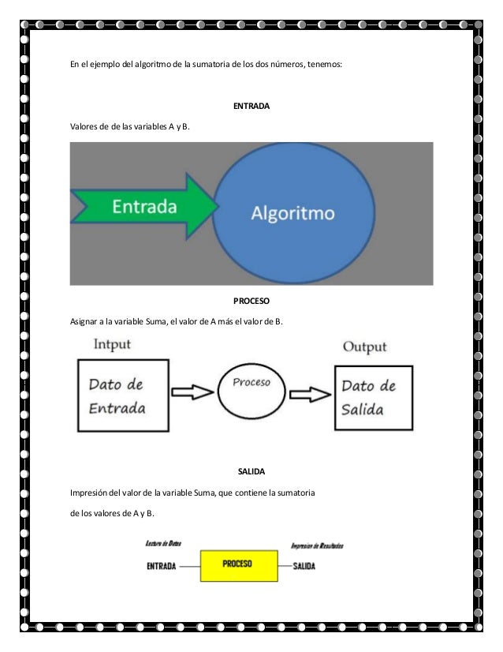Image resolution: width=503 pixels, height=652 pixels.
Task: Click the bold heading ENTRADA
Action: (x=251, y=105)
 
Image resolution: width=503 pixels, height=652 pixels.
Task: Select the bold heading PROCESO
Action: (x=251, y=301)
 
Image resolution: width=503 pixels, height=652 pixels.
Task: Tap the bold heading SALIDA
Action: (x=251, y=471)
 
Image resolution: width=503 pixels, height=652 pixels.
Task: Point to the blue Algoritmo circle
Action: (x=292, y=212)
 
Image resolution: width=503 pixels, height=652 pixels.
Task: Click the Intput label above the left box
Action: (x=113, y=345)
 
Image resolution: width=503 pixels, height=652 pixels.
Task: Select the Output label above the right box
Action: (x=364, y=347)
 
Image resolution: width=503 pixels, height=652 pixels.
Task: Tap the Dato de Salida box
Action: (x=374, y=397)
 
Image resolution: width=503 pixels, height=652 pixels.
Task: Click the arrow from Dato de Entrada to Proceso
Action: (x=192, y=392)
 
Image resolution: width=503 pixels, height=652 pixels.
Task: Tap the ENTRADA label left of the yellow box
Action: (x=161, y=566)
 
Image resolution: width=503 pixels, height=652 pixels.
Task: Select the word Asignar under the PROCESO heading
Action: (x=84, y=321)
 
